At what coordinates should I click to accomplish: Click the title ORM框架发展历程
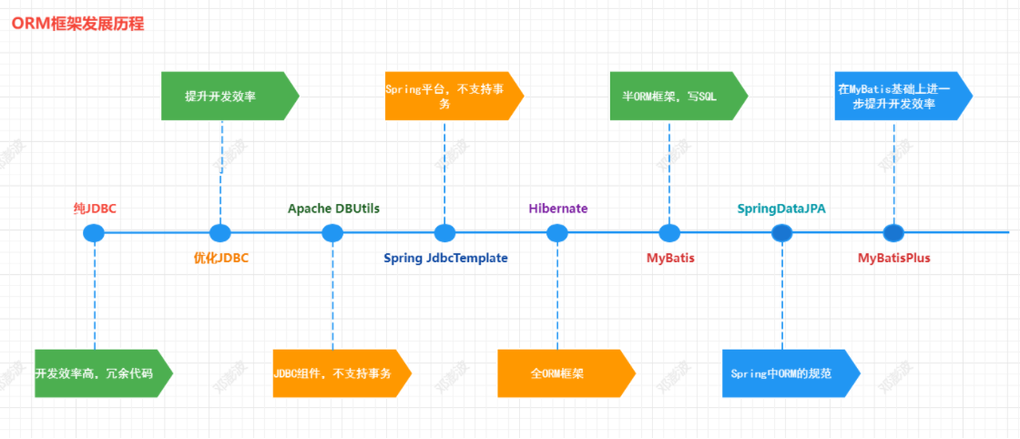[78, 25]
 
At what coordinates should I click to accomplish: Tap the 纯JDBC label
[95, 209]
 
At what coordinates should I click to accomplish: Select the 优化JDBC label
[221, 258]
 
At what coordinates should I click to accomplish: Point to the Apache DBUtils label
[333, 209]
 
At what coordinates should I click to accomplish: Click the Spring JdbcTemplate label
[445, 258]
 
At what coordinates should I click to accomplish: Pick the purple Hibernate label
[558, 209]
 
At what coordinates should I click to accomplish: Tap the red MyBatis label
[670, 258]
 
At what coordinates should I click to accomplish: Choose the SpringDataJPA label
[782, 209]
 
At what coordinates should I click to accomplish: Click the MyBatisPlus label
[893, 258]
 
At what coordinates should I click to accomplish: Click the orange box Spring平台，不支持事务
[454, 96]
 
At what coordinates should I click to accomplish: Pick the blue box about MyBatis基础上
[903, 96]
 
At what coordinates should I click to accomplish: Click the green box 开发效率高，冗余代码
[104, 373]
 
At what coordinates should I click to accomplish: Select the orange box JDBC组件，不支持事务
[342, 373]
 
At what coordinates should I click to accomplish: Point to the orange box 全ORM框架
[566, 373]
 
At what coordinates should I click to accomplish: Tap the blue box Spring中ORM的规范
[791, 373]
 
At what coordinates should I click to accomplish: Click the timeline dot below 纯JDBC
[95, 233]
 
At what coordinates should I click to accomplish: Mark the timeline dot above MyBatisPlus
[893, 233]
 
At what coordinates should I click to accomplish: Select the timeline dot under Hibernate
[556, 233]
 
